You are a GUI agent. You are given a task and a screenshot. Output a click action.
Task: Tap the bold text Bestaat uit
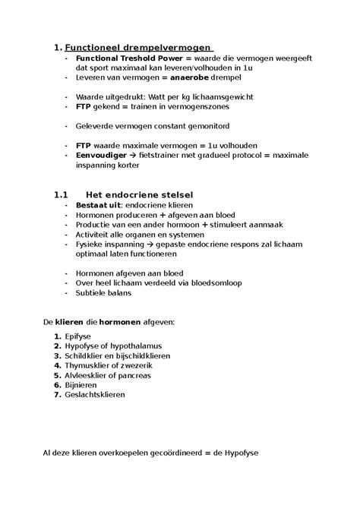point(98,205)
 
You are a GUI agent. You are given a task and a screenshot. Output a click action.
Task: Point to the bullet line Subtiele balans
point(103,293)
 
